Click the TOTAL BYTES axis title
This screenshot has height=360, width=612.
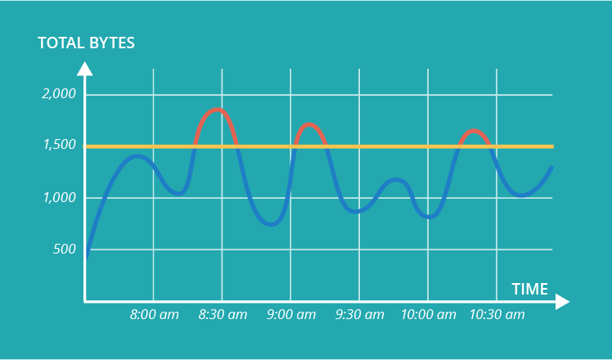click(x=86, y=43)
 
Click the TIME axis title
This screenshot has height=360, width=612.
click(x=529, y=288)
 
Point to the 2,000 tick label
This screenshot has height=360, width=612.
click(x=59, y=94)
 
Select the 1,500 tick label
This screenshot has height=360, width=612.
click(x=59, y=146)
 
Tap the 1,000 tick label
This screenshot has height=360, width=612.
click(x=59, y=198)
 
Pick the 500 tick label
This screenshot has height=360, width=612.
click(x=64, y=250)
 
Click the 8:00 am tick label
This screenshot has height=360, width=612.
click(x=155, y=314)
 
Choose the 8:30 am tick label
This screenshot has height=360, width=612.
click(x=223, y=314)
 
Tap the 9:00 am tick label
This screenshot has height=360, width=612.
click(x=291, y=314)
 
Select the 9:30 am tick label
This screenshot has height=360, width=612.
click(x=360, y=314)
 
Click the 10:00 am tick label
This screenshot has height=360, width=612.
click(x=428, y=314)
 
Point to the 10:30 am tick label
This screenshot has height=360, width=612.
click(x=497, y=314)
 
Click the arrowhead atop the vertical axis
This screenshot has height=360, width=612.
click(x=85, y=68)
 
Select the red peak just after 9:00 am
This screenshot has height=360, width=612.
click(x=308, y=124)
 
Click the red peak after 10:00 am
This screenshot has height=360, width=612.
click(x=474, y=131)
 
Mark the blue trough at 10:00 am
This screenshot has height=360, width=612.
click(x=431, y=218)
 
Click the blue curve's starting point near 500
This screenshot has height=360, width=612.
click(x=86, y=256)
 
